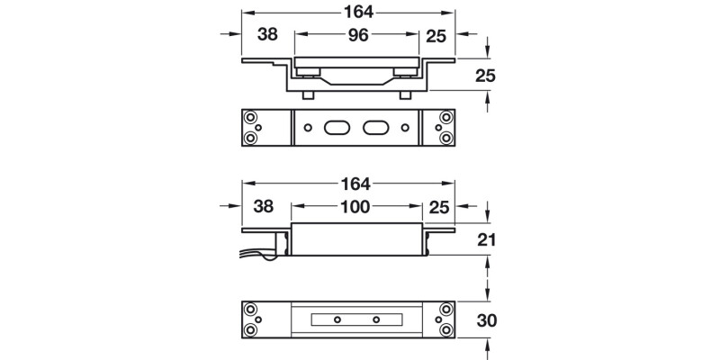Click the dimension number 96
pos(358,35)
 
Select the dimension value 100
pos(355,207)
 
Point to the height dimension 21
pos(487,239)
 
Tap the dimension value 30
pos(487,320)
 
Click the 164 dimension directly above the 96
pos(358,13)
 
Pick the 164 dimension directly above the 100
pos(355,184)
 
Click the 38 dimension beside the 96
pos(267,34)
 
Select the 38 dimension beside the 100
pos(264,207)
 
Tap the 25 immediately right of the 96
pos(436,36)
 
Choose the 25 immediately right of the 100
pos(438,208)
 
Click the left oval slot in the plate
pos(337,128)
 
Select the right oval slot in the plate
pos(376,128)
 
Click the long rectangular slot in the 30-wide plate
pos(356,319)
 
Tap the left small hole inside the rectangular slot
pos(337,319)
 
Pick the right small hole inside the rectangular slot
pos(376,319)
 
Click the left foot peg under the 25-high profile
pos(308,95)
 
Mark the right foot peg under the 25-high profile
pos(405,95)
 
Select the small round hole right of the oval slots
pos(405,128)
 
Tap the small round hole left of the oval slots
pos(308,128)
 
